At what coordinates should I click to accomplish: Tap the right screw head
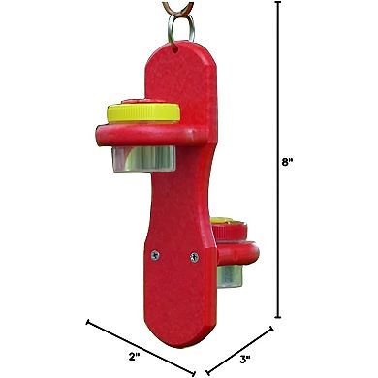(194, 256)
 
